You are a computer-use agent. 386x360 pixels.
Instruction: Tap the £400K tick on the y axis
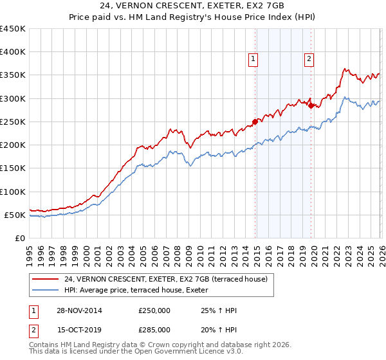13,52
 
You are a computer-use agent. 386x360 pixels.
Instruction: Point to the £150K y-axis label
13,168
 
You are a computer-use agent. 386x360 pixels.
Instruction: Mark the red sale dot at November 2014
255,122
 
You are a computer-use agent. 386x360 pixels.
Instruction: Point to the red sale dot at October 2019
311,105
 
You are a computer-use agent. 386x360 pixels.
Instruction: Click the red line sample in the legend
46,278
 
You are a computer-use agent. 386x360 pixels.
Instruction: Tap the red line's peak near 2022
345,69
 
